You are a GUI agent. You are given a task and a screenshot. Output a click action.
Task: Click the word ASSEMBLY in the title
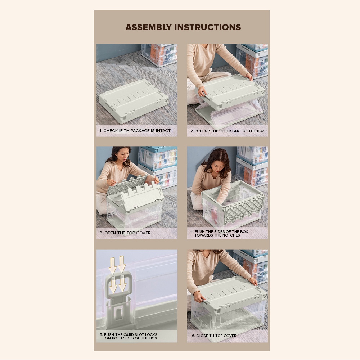pyautogui.click(x=149, y=27)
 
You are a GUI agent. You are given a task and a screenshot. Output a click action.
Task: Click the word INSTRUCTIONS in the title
pyautogui.click(x=208, y=27)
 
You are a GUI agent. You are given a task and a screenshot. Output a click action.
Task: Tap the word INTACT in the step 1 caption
pyautogui.click(x=163, y=131)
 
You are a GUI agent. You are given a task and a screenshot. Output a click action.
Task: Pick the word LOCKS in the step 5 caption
pyautogui.click(x=150, y=335)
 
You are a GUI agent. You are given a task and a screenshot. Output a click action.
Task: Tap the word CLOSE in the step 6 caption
pyautogui.click(x=202, y=336)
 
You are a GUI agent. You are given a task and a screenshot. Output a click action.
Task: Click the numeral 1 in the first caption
pyautogui.click(x=100, y=131)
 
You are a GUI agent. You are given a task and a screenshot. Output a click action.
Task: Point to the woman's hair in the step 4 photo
pyautogui.click(x=215, y=161)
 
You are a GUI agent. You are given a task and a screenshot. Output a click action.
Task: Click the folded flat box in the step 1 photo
pyautogui.click(x=134, y=101)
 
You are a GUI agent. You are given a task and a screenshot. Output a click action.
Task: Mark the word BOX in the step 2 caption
pyautogui.click(x=261, y=131)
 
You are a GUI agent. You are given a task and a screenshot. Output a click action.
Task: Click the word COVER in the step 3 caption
pyautogui.click(x=144, y=233)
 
